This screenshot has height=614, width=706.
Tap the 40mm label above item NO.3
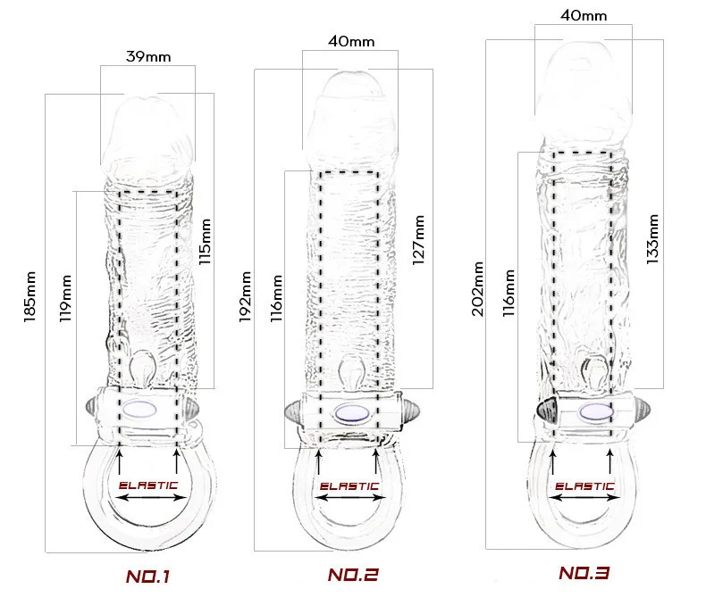pos(583,15)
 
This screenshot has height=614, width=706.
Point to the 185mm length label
pos(31,296)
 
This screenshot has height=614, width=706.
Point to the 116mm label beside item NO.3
pos(508,294)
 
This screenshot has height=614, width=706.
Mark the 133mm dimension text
pos(652,236)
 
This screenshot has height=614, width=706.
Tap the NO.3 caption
pos(584,573)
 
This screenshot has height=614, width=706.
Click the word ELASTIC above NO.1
pos(148,485)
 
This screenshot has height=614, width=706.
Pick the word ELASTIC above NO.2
pos(349,486)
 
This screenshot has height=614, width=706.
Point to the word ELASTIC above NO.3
pos(584,486)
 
